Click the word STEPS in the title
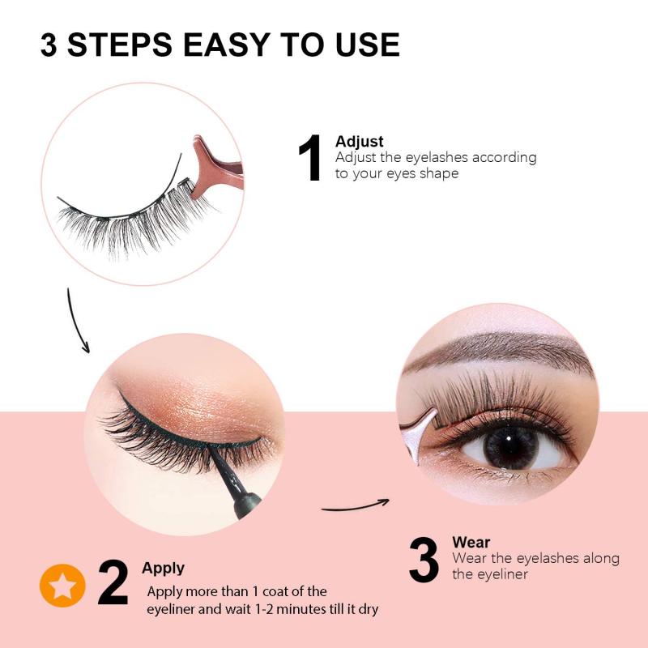click(x=118, y=45)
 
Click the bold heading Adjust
click(x=359, y=143)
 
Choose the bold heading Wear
click(x=471, y=542)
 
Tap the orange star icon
click(x=62, y=584)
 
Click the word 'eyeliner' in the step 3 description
click(x=502, y=574)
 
